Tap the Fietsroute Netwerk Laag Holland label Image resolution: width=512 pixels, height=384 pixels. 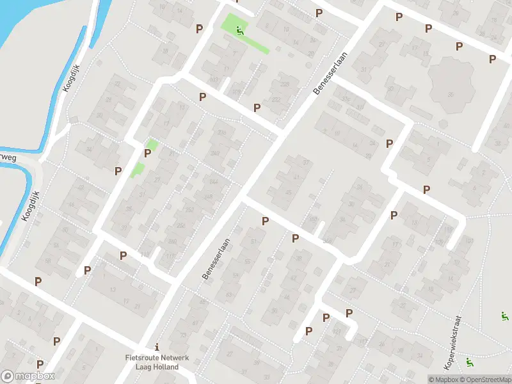(157, 362)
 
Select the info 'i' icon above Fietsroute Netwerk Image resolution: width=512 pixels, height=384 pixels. (157, 346)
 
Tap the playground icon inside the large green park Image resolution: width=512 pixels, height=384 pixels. (239, 29)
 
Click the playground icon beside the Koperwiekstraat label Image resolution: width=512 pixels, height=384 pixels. (470, 362)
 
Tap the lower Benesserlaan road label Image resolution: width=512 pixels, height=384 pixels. (216, 259)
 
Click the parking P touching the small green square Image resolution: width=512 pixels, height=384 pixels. (148, 153)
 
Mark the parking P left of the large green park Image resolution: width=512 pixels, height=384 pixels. (200, 29)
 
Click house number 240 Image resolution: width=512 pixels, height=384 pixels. (216, 154)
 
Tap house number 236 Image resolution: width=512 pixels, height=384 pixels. (221, 132)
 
